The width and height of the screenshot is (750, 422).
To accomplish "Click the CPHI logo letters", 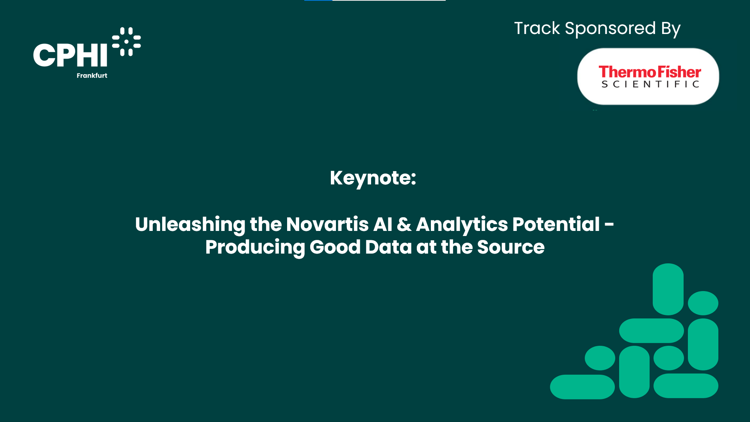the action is tap(70, 55).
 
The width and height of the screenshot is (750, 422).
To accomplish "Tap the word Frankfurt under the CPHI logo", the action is tap(92, 75).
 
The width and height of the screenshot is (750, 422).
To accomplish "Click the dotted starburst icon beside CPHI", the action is tap(126, 41).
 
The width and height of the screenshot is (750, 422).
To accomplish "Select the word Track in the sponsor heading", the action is tap(537, 28).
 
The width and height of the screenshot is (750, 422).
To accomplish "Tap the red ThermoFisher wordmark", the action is tap(650, 72).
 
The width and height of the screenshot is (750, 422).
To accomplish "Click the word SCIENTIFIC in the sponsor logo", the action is tap(650, 84).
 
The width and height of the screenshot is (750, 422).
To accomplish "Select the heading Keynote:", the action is tap(373, 178).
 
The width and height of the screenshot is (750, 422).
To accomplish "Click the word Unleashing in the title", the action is tap(190, 225).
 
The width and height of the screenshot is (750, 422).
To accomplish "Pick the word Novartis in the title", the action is tap(327, 224).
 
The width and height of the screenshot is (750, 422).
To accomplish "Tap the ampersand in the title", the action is tap(404, 224).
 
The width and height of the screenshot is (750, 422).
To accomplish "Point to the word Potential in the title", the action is tap(556, 224).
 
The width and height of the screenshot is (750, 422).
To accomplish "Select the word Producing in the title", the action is tap(255, 247).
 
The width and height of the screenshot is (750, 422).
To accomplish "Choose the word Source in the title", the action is tap(511, 247).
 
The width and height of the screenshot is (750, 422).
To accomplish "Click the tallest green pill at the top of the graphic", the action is tap(668, 289).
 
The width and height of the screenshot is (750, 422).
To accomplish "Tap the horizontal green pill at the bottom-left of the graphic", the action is tap(582, 387).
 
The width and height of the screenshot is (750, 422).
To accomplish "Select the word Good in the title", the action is tap(335, 247).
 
